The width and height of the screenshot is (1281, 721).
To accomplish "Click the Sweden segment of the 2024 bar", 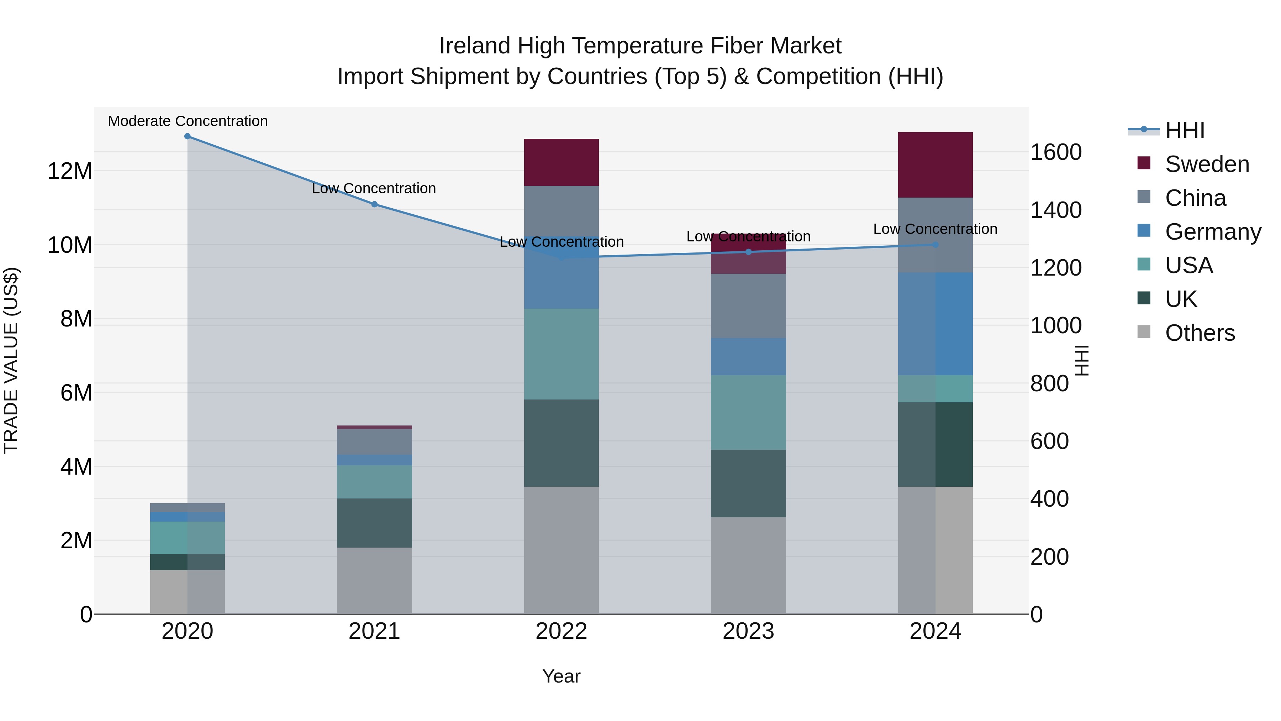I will (x=935, y=165).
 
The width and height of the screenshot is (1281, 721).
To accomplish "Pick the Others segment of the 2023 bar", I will (x=748, y=565).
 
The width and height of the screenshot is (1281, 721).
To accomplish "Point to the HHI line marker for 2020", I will (x=188, y=136).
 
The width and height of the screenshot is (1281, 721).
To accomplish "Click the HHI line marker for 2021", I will (x=374, y=204).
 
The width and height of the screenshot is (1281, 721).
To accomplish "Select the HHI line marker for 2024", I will (x=935, y=245).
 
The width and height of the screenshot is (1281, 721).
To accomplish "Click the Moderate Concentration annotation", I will (x=188, y=121).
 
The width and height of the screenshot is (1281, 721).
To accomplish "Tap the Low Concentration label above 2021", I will (x=374, y=189).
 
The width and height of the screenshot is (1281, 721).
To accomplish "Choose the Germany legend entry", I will (x=1212, y=232).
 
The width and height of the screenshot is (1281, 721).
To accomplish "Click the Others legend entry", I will (x=1200, y=333).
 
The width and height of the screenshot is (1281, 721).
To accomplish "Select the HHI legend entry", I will (x=1185, y=130).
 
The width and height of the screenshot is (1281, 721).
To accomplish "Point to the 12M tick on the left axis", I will (x=70, y=171).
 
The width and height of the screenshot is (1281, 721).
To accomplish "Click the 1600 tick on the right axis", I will (x=1055, y=152).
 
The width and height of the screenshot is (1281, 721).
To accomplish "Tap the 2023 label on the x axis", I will (x=748, y=631).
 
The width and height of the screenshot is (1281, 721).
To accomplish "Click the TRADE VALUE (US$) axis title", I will (x=11, y=360).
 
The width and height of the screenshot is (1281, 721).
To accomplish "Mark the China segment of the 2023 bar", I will (x=748, y=305).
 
